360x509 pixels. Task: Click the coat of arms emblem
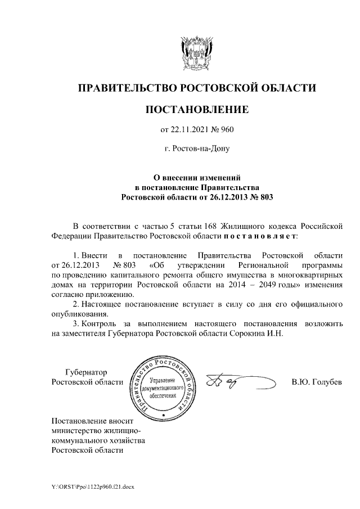pos(196,53)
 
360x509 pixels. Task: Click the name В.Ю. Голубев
pos(317,382)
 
